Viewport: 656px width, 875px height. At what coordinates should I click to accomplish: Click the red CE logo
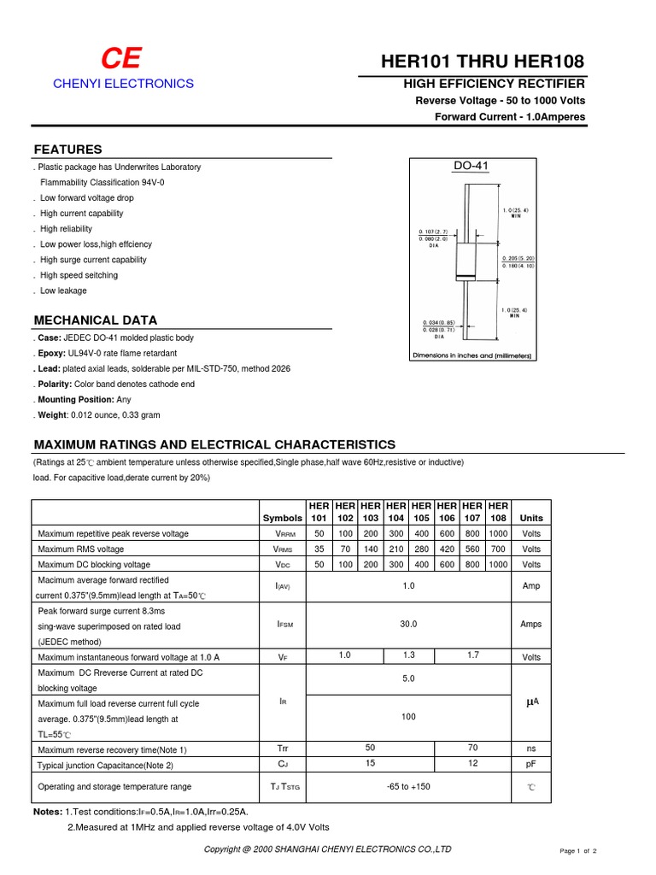click(x=121, y=59)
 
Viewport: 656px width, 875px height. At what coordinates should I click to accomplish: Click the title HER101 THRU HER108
click(x=483, y=62)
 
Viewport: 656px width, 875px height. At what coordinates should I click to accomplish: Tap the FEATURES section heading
click(x=67, y=150)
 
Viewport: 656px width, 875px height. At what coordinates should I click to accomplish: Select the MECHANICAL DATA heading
click(x=95, y=320)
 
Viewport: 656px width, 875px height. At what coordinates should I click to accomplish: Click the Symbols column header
click(x=282, y=518)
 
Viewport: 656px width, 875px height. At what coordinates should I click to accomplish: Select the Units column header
click(x=531, y=518)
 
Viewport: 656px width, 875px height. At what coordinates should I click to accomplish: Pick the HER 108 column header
click(x=498, y=512)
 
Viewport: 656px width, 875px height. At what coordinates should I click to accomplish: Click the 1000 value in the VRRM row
click(x=498, y=533)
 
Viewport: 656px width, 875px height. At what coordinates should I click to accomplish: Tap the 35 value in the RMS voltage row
click(x=319, y=549)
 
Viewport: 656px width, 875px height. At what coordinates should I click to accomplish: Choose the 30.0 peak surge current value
click(x=408, y=625)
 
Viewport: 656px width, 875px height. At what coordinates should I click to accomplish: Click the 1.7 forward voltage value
click(x=472, y=655)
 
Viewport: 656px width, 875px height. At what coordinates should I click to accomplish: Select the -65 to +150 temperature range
click(x=408, y=786)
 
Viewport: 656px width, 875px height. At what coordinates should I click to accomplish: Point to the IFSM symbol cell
click(x=284, y=625)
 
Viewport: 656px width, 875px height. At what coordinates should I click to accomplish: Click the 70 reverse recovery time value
click(x=472, y=748)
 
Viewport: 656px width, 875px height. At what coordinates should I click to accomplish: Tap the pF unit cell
click(x=531, y=764)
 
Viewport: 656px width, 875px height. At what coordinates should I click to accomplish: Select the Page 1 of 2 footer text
click(x=577, y=851)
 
